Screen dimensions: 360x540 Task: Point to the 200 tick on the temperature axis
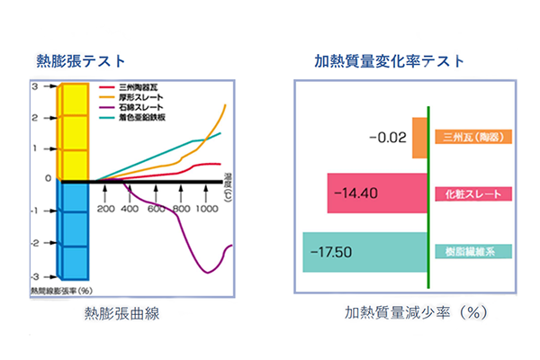pos(105,209)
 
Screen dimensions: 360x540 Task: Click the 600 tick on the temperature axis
pos(157,209)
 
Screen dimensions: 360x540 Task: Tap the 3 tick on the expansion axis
pos(34,87)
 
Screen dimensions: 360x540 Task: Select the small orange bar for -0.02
pos(419,137)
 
